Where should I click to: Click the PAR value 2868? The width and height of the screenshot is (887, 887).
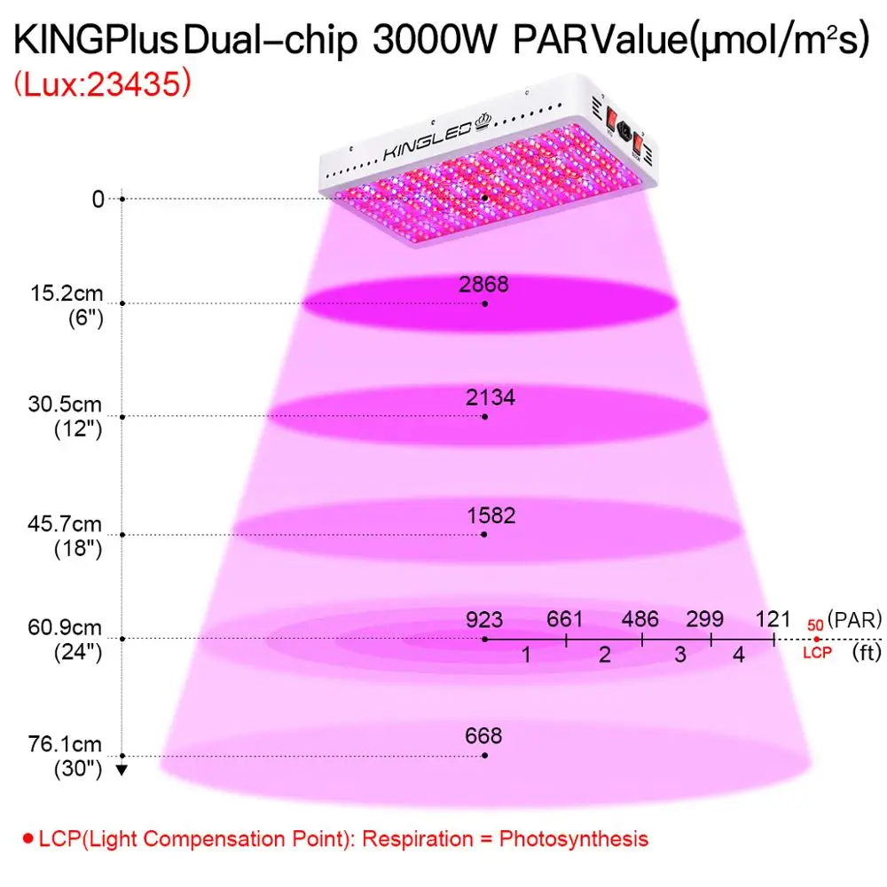point(483,284)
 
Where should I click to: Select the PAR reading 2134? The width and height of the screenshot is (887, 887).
point(491,397)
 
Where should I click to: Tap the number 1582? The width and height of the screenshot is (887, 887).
point(491,515)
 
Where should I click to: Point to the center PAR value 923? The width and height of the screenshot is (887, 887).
point(484,619)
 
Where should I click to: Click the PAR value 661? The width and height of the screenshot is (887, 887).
point(564,619)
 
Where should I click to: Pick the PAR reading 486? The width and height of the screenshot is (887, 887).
point(640,619)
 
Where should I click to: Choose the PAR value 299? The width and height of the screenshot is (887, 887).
point(705,619)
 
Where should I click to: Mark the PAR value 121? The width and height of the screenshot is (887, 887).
point(773,619)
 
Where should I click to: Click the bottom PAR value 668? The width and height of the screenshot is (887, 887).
point(483,735)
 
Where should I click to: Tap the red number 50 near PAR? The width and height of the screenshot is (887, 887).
point(815,625)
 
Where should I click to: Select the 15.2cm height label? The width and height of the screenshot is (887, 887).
point(67,294)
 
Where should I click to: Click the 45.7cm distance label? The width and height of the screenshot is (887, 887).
point(65,524)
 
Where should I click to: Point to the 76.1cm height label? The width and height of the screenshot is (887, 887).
point(65,744)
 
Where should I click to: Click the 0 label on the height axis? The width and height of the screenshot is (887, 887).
point(98,199)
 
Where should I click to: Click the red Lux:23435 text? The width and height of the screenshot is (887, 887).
point(102,83)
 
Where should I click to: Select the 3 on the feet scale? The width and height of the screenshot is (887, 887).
point(680,655)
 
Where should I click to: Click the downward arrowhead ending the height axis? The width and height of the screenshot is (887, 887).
point(122,769)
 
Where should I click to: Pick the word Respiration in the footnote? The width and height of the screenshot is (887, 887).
point(418,838)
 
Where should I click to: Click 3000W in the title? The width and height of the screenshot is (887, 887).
point(435,40)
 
